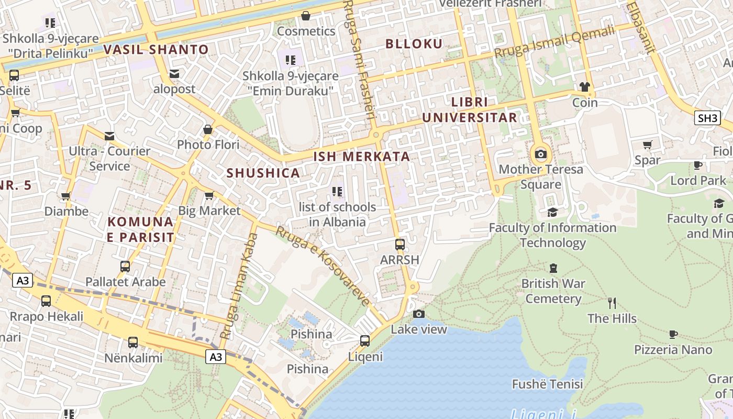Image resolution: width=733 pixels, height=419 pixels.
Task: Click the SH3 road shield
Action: tap(707, 118)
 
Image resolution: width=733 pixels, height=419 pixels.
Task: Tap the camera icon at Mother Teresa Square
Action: tap(541, 154)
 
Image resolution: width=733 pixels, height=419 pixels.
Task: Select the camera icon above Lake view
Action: tap(419, 314)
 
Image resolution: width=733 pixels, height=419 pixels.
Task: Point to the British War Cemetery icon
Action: tap(553, 268)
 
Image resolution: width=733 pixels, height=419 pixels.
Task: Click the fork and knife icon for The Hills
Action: tap(612, 303)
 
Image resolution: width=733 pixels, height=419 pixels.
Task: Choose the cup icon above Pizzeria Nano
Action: tap(673, 334)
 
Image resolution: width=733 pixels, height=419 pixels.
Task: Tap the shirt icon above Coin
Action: tap(584, 87)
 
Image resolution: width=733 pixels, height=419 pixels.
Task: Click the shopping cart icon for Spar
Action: tap(648, 145)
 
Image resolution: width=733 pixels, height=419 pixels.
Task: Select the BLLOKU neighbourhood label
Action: tap(414, 43)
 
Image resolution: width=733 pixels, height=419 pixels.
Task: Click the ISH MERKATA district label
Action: tap(362, 156)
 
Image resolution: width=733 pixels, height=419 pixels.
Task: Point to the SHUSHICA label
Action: tap(263, 173)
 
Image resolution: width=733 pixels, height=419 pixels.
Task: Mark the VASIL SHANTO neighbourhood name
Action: tap(156, 50)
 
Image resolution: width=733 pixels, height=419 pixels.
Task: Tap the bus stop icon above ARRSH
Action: tap(400, 244)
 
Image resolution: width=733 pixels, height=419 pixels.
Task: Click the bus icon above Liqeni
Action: tap(365, 341)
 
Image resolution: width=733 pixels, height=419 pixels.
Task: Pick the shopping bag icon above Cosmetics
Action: tap(306, 16)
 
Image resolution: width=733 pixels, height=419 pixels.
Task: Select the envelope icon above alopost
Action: tap(174, 74)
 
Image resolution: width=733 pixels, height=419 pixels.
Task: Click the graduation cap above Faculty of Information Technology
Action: tap(552, 212)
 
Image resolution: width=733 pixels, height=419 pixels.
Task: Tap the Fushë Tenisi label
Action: tap(547, 384)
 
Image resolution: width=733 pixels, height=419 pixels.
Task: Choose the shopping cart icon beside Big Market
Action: tap(209, 196)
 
